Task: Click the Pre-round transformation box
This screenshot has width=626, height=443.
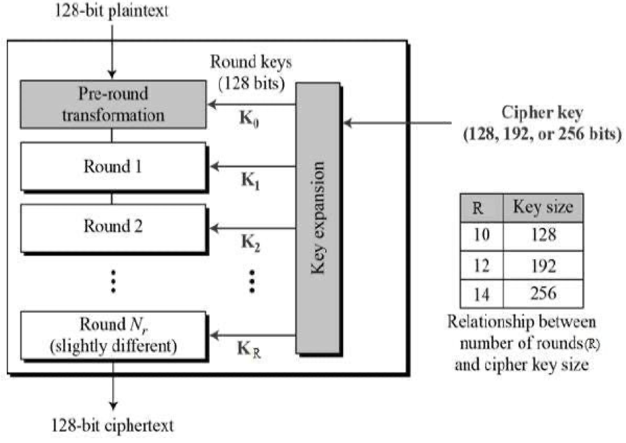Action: point(113,103)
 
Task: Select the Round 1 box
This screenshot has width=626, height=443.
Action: point(113,165)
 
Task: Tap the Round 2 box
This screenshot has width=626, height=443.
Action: point(113,226)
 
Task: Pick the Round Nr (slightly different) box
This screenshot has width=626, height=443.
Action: point(113,335)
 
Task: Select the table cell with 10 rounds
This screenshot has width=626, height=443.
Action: point(481,235)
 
